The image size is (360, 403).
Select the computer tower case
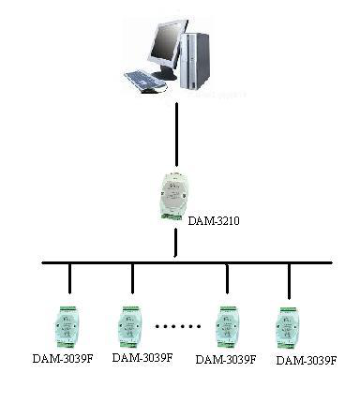(194, 61)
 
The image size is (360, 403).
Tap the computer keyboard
(144, 81)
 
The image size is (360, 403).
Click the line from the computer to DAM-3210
(176, 134)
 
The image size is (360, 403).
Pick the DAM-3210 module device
(172, 196)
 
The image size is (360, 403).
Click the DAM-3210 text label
(214, 221)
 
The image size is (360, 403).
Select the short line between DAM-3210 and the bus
(176, 243)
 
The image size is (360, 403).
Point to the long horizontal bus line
(187, 262)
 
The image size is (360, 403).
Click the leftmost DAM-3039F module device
(67, 327)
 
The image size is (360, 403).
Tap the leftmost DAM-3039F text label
(63, 358)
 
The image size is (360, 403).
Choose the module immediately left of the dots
(130, 327)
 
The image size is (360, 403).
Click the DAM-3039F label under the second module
(142, 357)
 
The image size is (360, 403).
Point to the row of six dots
(178, 326)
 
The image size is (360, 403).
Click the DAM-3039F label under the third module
(226, 359)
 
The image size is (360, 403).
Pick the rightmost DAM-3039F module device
(288, 328)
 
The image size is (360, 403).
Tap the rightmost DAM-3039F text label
(307, 361)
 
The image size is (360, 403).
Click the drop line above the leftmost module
(69, 278)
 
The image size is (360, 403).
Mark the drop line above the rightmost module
(289, 281)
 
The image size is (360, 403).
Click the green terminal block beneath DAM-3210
(172, 216)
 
